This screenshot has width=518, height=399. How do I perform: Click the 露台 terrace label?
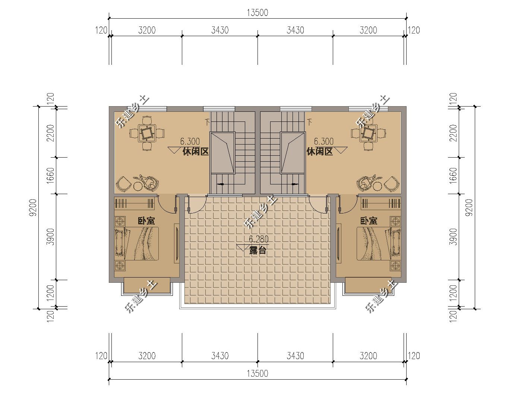[258, 251]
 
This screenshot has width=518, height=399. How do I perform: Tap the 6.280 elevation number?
[259, 239]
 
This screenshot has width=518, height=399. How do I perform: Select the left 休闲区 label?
[196, 152]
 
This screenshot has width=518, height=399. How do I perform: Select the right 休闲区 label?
[319, 152]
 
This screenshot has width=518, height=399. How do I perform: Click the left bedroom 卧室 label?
[146, 221]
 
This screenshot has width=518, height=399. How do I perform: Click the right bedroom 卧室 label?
[369, 221]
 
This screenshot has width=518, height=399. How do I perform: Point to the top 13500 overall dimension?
[258, 13]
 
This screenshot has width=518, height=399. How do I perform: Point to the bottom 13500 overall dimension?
[258, 373]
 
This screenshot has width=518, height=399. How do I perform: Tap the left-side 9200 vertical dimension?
[33, 208]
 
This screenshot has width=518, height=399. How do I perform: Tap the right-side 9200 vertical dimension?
[469, 208]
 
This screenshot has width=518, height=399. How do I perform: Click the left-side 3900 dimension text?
[51, 237]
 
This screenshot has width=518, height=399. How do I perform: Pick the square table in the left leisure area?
[147, 133]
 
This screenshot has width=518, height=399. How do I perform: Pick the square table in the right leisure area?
[369, 133]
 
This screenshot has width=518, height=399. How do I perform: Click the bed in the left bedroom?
[136, 243]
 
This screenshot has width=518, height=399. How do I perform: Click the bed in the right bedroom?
[379, 243]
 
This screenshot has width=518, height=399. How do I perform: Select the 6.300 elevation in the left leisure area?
[190, 142]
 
